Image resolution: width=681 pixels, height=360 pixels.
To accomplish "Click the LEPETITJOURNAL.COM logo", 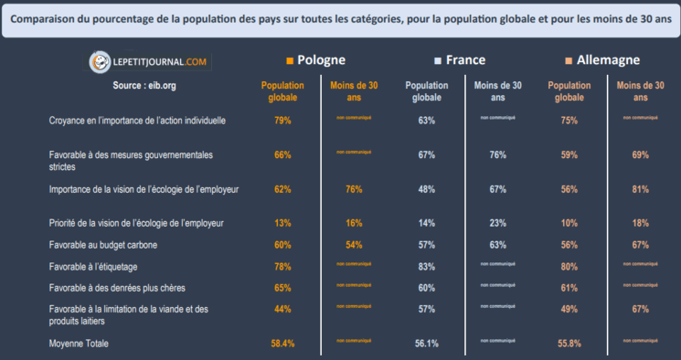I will (x=148, y=62).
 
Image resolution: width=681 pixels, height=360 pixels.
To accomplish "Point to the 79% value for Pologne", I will (x=282, y=121).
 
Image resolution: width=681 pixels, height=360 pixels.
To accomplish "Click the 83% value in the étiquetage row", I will (x=426, y=266).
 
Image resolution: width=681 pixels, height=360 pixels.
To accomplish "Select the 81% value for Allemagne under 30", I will (x=640, y=189).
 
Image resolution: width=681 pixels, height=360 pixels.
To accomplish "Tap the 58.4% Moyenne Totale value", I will (x=282, y=344).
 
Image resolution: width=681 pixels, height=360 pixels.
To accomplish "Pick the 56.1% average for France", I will (x=426, y=344).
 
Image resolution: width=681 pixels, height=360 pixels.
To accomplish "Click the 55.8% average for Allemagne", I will (x=569, y=344).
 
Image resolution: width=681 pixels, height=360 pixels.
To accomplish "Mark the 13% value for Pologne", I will (x=282, y=223).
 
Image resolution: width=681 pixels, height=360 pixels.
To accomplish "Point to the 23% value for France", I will (x=498, y=223).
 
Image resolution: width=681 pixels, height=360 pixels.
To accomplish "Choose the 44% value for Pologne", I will (x=282, y=310).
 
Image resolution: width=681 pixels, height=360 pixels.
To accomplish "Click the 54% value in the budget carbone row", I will (x=354, y=245).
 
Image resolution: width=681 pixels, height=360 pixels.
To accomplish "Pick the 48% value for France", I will (x=426, y=189).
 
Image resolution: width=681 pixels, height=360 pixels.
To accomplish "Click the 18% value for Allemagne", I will (x=640, y=223).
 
